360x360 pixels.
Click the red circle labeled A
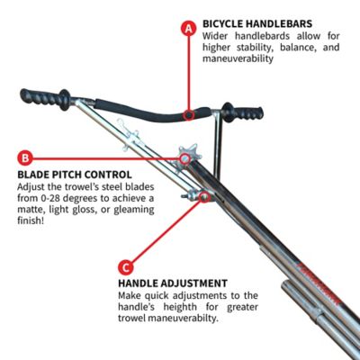point(188,27)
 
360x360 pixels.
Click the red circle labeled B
point(25,156)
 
